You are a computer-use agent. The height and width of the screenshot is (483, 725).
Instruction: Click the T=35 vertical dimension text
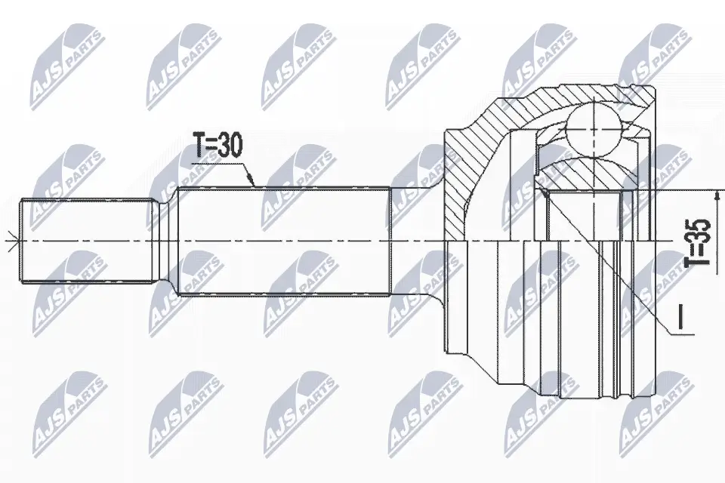701,242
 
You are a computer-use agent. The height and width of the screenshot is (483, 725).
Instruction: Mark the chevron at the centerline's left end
9,241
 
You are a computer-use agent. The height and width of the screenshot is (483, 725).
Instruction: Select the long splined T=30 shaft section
283,241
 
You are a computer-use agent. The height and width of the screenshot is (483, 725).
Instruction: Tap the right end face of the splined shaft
390,241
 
